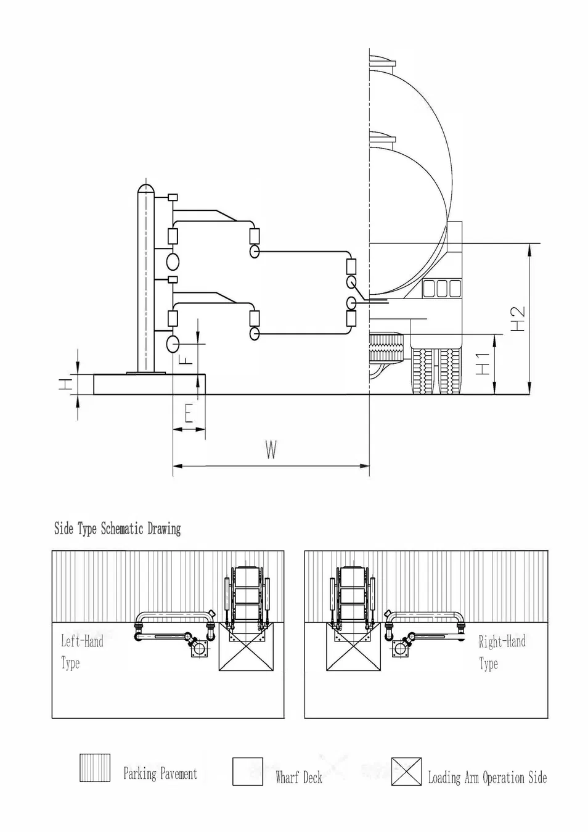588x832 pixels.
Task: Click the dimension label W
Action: [x=271, y=450]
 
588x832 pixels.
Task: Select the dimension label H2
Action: [x=518, y=318]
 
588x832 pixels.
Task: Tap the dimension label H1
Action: [x=484, y=363]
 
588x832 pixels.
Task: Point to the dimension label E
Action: [x=188, y=413]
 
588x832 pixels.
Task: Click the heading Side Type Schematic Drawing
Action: [x=117, y=529]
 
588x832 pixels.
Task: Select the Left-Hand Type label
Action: [x=81, y=652]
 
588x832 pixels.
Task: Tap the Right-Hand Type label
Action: [x=501, y=653]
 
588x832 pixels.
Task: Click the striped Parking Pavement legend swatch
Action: [x=95, y=768]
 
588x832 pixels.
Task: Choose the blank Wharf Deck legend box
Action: [x=247, y=772]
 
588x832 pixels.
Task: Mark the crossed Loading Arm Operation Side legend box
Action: [x=406, y=772]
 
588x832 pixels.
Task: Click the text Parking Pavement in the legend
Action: [x=160, y=773]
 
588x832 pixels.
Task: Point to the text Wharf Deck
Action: [x=299, y=777]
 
